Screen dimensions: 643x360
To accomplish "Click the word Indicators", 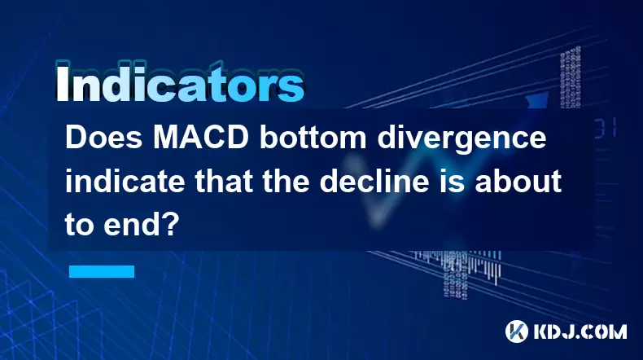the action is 179,84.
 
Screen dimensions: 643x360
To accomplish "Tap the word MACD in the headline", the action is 201,138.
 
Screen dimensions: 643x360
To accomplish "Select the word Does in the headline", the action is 104,138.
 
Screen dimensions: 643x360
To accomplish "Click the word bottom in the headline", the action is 313,138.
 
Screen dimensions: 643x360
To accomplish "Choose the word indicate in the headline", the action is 125,181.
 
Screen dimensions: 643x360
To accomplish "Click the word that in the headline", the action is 224,181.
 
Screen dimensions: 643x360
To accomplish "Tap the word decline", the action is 380,181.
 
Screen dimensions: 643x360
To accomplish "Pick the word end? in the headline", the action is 142,224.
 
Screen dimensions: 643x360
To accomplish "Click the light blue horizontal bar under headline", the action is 102,271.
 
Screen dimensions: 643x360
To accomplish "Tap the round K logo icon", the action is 517,331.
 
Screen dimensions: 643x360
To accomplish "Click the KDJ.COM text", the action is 580,331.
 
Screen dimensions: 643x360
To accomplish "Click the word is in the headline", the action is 457,181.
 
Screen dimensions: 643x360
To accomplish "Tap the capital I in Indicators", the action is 62,84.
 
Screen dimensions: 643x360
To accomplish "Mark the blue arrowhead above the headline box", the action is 537,99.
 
